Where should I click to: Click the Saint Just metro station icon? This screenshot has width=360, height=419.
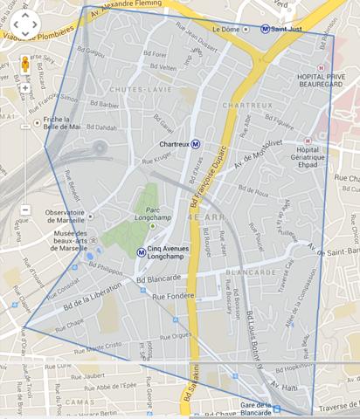pos(265,29)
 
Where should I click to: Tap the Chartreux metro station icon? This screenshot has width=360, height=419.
pos(196,144)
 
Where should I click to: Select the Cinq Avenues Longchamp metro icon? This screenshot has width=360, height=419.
pos(142,252)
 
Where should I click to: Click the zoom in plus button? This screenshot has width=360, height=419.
pos(25,88)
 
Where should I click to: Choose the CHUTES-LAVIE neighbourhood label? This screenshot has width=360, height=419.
pos(134,89)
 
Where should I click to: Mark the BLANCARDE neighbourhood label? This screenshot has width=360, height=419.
pos(244,271)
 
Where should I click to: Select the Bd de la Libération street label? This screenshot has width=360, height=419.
pos(76,300)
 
